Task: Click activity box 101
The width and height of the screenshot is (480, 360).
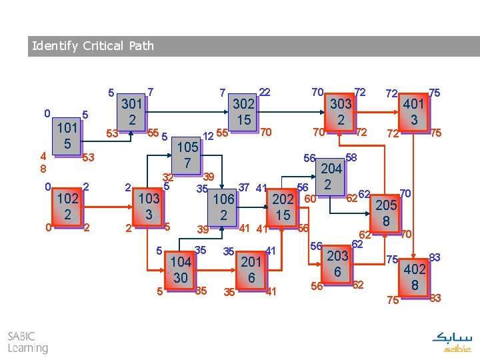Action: point(67,135)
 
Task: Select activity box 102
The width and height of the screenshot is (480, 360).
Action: point(68,205)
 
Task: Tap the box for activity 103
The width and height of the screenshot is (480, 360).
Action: point(149,205)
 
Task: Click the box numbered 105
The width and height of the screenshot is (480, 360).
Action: point(188,154)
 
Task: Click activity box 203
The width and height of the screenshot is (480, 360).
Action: point(337,264)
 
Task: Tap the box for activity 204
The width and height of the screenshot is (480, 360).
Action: point(331,176)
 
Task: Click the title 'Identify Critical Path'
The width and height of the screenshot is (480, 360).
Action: point(93,46)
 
